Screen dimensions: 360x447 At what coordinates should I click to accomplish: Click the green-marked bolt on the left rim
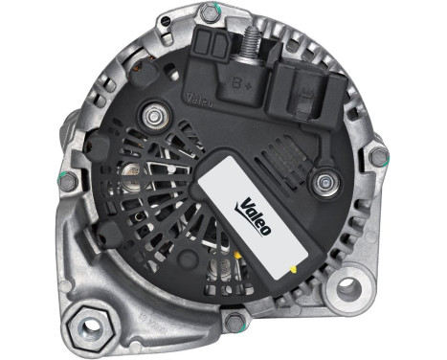65,179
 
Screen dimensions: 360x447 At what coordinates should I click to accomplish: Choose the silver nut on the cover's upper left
152,117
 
